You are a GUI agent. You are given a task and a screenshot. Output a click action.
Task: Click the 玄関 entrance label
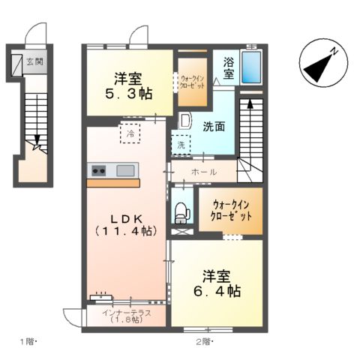pyautogui.click(x=35, y=61)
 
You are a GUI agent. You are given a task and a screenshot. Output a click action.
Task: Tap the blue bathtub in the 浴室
pyautogui.click(x=251, y=67)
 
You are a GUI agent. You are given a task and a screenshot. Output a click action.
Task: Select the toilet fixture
pyautogui.click(x=182, y=213)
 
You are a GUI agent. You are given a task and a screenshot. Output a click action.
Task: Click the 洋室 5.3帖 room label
pyautogui.click(x=128, y=86)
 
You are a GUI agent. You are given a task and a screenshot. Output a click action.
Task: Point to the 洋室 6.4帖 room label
pyautogui.click(x=217, y=283)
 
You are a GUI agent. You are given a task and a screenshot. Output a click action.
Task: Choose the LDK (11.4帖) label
pyautogui.click(x=127, y=225)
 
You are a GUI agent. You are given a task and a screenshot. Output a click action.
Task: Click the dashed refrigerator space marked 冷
pyautogui.click(x=130, y=133)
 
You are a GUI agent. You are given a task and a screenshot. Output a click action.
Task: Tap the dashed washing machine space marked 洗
pyautogui.click(x=181, y=145)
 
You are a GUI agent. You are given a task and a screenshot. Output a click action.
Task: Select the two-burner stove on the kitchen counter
pyautogui.click(x=98, y=171)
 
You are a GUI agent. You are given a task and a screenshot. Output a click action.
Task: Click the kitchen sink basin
pyautogui.click(x=125, y=171)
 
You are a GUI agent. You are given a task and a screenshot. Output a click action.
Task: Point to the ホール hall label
pyautogui.click(x=204, y=172)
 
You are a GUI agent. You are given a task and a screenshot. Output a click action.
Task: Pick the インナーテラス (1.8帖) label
pyautogui.click(x=127, y=316)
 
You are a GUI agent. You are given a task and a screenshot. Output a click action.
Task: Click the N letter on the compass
pyautogui.click(x=334, y=52)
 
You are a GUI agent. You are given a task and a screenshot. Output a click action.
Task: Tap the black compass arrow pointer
pyautogui.click(x=317, y=67)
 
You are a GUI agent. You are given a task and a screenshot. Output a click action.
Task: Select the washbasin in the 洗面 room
pyautogui.click(x=185, y=121)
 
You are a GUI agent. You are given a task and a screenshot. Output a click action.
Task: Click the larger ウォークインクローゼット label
pyautogui.click(x=231, y=211)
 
